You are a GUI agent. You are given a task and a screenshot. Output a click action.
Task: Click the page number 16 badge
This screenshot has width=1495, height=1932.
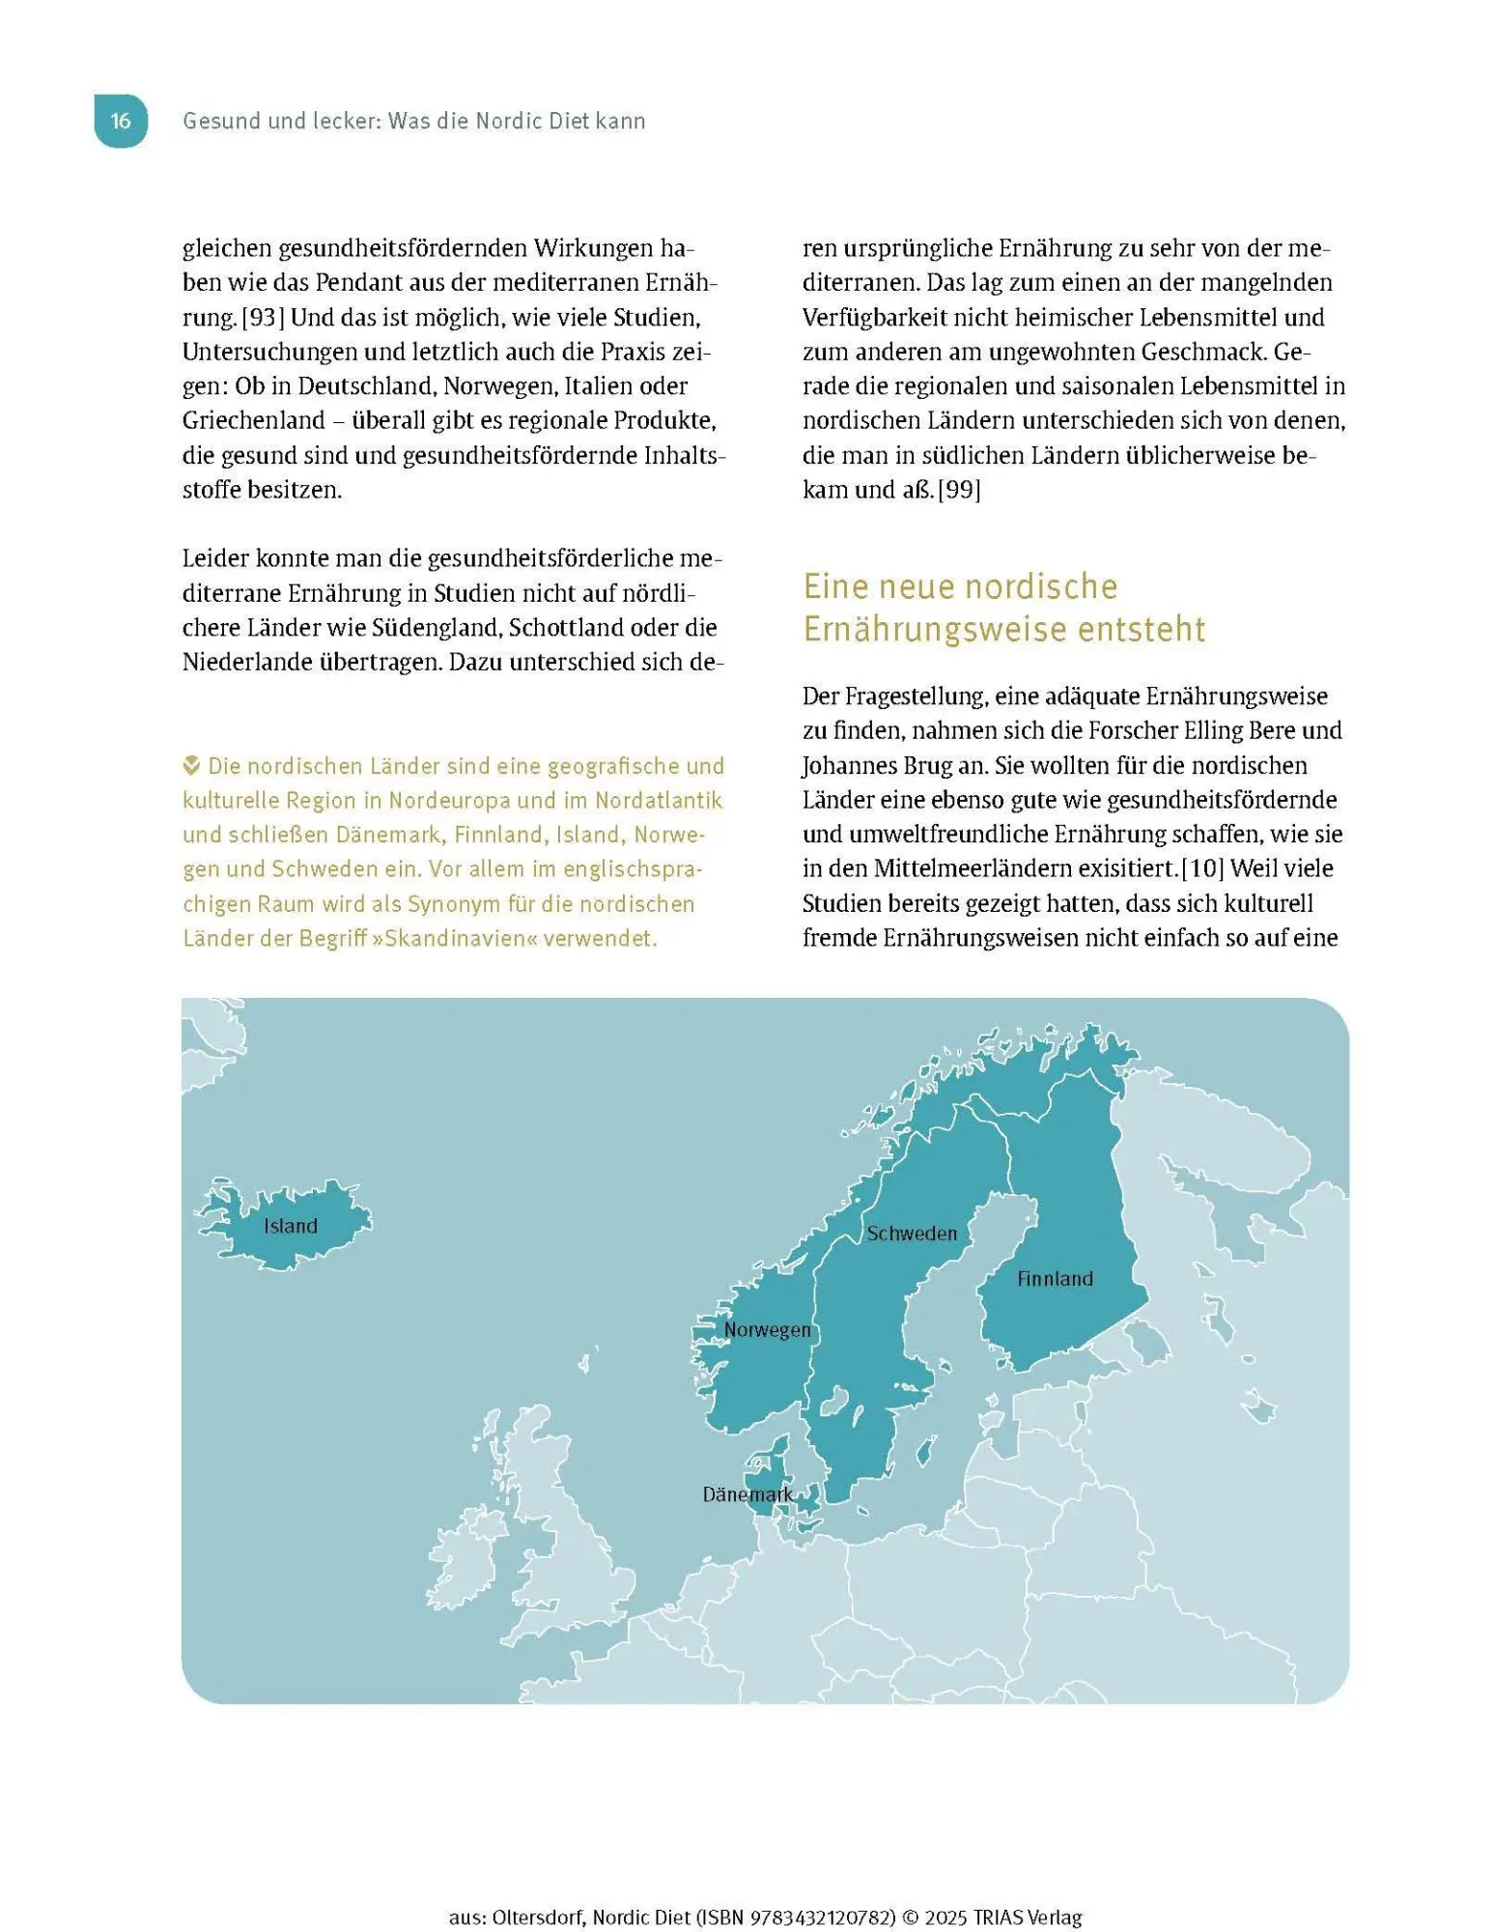pyautogui.click(x=121, y=121)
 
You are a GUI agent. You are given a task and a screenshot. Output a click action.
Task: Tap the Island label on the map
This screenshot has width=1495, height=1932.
pyautogui.click(x=290, y=1226)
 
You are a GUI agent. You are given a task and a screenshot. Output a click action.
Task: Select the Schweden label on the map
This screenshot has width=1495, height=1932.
pyautogui.click(x=912, y=1234)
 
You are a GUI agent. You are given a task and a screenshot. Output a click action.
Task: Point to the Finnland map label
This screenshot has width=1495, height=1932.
pyautogui.click(x=1055, y=1279)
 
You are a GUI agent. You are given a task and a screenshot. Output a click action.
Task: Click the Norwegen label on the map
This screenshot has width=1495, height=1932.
pyautogui.click(x=768, y=1330)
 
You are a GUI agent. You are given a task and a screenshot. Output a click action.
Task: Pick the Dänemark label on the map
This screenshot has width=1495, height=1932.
pyautogui.click(x=747, y=1495)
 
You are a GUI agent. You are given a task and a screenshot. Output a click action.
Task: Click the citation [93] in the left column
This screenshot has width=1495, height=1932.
pyautogui.click(x=262, y=318)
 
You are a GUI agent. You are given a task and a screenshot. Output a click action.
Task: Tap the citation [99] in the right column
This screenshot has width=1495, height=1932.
pyautogui.click(x=959, y=490)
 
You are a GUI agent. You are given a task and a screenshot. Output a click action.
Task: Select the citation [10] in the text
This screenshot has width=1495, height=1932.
pyautogui.click(x=1202, y=868)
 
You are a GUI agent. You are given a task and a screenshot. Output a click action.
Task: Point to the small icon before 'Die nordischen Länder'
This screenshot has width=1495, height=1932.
pyautogui.click(x=191, y=766)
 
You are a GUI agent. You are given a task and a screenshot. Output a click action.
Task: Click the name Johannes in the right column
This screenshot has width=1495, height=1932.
pyautogui.click(x=848, y=765)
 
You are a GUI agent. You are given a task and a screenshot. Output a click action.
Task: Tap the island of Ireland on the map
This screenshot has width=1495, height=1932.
pyautogui.click(x=465, y=1558)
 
